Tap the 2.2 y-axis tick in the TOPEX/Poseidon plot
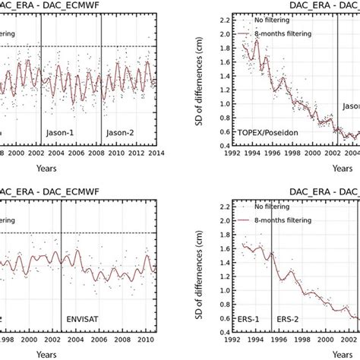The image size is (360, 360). point(226,17)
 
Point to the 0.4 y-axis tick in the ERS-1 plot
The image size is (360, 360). point(226,333)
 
